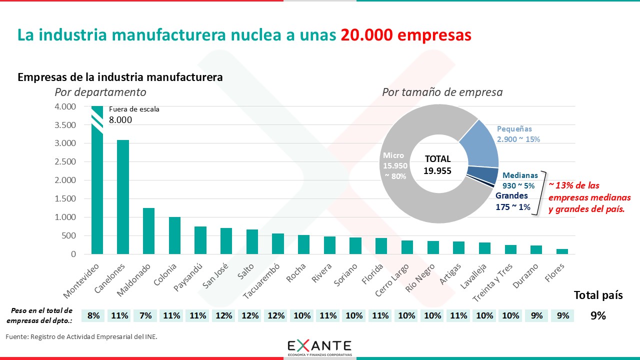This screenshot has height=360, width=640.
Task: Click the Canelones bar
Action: [x=123, y=197]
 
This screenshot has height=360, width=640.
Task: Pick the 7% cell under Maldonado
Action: [x=145, y=315]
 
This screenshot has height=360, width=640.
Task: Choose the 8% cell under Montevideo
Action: [x=93, y=315]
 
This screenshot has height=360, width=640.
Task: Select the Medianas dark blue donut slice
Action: [x=483, y=175]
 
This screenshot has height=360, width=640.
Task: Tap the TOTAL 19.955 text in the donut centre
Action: [x=438, y=165]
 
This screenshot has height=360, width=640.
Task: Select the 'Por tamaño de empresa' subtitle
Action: [x=442, y=92]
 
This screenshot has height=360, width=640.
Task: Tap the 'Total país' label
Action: [x=598, y=295]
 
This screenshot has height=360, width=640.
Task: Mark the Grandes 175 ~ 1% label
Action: [x=513, y=201]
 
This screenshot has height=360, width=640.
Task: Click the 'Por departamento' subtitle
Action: [x=100, y=92]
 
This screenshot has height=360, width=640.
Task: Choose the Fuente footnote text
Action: [x=81, y=336]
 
